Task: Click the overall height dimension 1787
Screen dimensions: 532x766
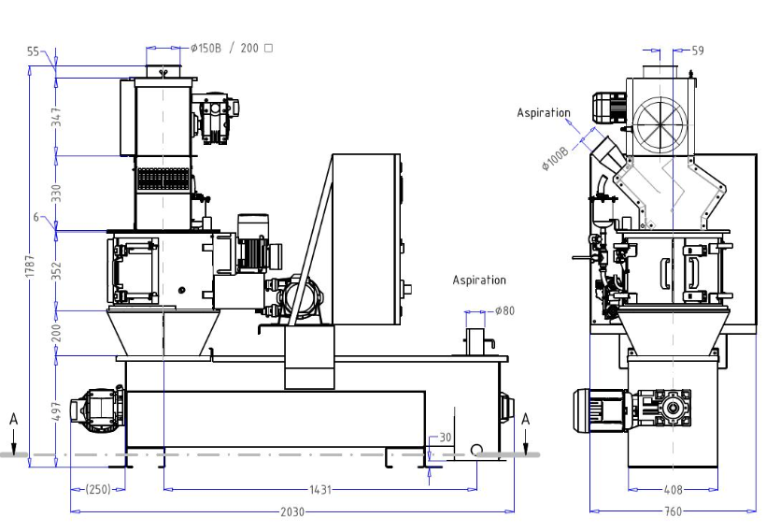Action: pyautogui.click(x=32, y=270)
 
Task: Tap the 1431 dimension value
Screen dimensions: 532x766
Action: pyautogui.click(x=320, y=489)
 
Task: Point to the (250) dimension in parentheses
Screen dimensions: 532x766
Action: pyautogui.click(x=98, y=489)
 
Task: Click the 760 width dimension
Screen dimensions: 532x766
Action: pyautogui.click(x=673, y=511)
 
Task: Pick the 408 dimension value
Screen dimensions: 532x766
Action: pyautogui.click(x=673, y=489)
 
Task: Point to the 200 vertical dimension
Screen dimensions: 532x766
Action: pyautogui.click(x=58, y=332)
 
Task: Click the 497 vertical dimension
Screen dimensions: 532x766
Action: pyautogui.click(x=58, y=411)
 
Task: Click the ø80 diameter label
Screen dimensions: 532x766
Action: pyautogui.click(x=505, y=310)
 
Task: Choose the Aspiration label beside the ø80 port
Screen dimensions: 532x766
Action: pyautogui.click(x=479, y=280)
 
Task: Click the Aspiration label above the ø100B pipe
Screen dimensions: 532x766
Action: pyautogui.click(x=544, y=113)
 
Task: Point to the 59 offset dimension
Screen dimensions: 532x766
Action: pyautogui.click(x=698, y=50)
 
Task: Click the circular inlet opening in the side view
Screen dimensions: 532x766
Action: pyautogui.click(x=660, y=122)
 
